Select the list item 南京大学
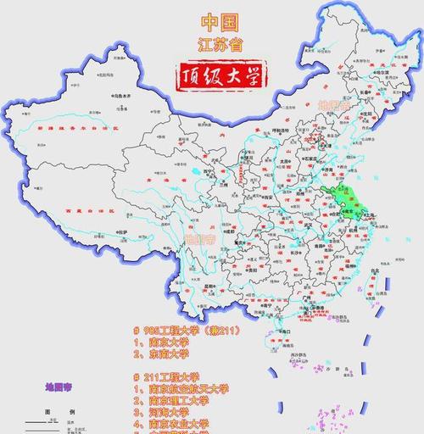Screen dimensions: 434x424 [x=170, y=342]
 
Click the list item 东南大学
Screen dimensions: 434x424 [x=170, y=354]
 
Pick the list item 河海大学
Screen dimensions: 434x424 [x=170, y=411]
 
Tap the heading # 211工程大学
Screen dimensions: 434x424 [x=170, y=376]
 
